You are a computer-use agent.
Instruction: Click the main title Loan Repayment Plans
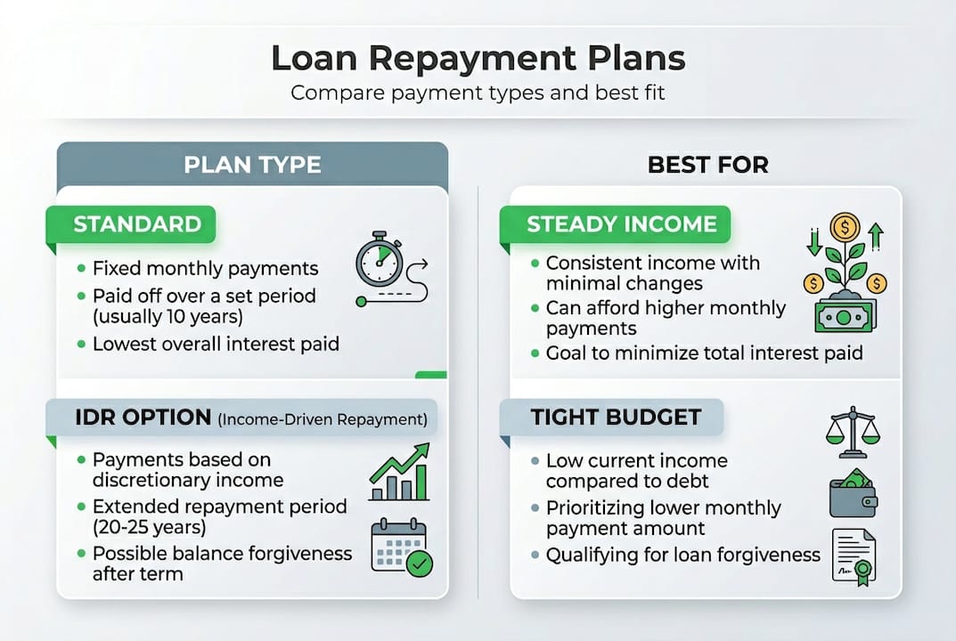478,58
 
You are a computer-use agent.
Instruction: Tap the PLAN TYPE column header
252,165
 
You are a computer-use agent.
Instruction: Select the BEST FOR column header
708,165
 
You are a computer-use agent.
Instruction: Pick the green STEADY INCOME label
621,223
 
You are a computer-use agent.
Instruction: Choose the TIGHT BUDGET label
616,417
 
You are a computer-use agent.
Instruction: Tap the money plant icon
845,272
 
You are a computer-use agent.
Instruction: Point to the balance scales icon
852,430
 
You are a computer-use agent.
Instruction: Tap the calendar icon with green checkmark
400,548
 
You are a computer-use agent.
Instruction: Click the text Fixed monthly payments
205,268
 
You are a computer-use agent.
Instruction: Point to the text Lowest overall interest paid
216,344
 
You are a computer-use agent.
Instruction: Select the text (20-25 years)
149,526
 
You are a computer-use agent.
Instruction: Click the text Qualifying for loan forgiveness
682,555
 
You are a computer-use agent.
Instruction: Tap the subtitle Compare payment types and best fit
478,93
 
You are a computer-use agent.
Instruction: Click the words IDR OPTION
142,417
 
